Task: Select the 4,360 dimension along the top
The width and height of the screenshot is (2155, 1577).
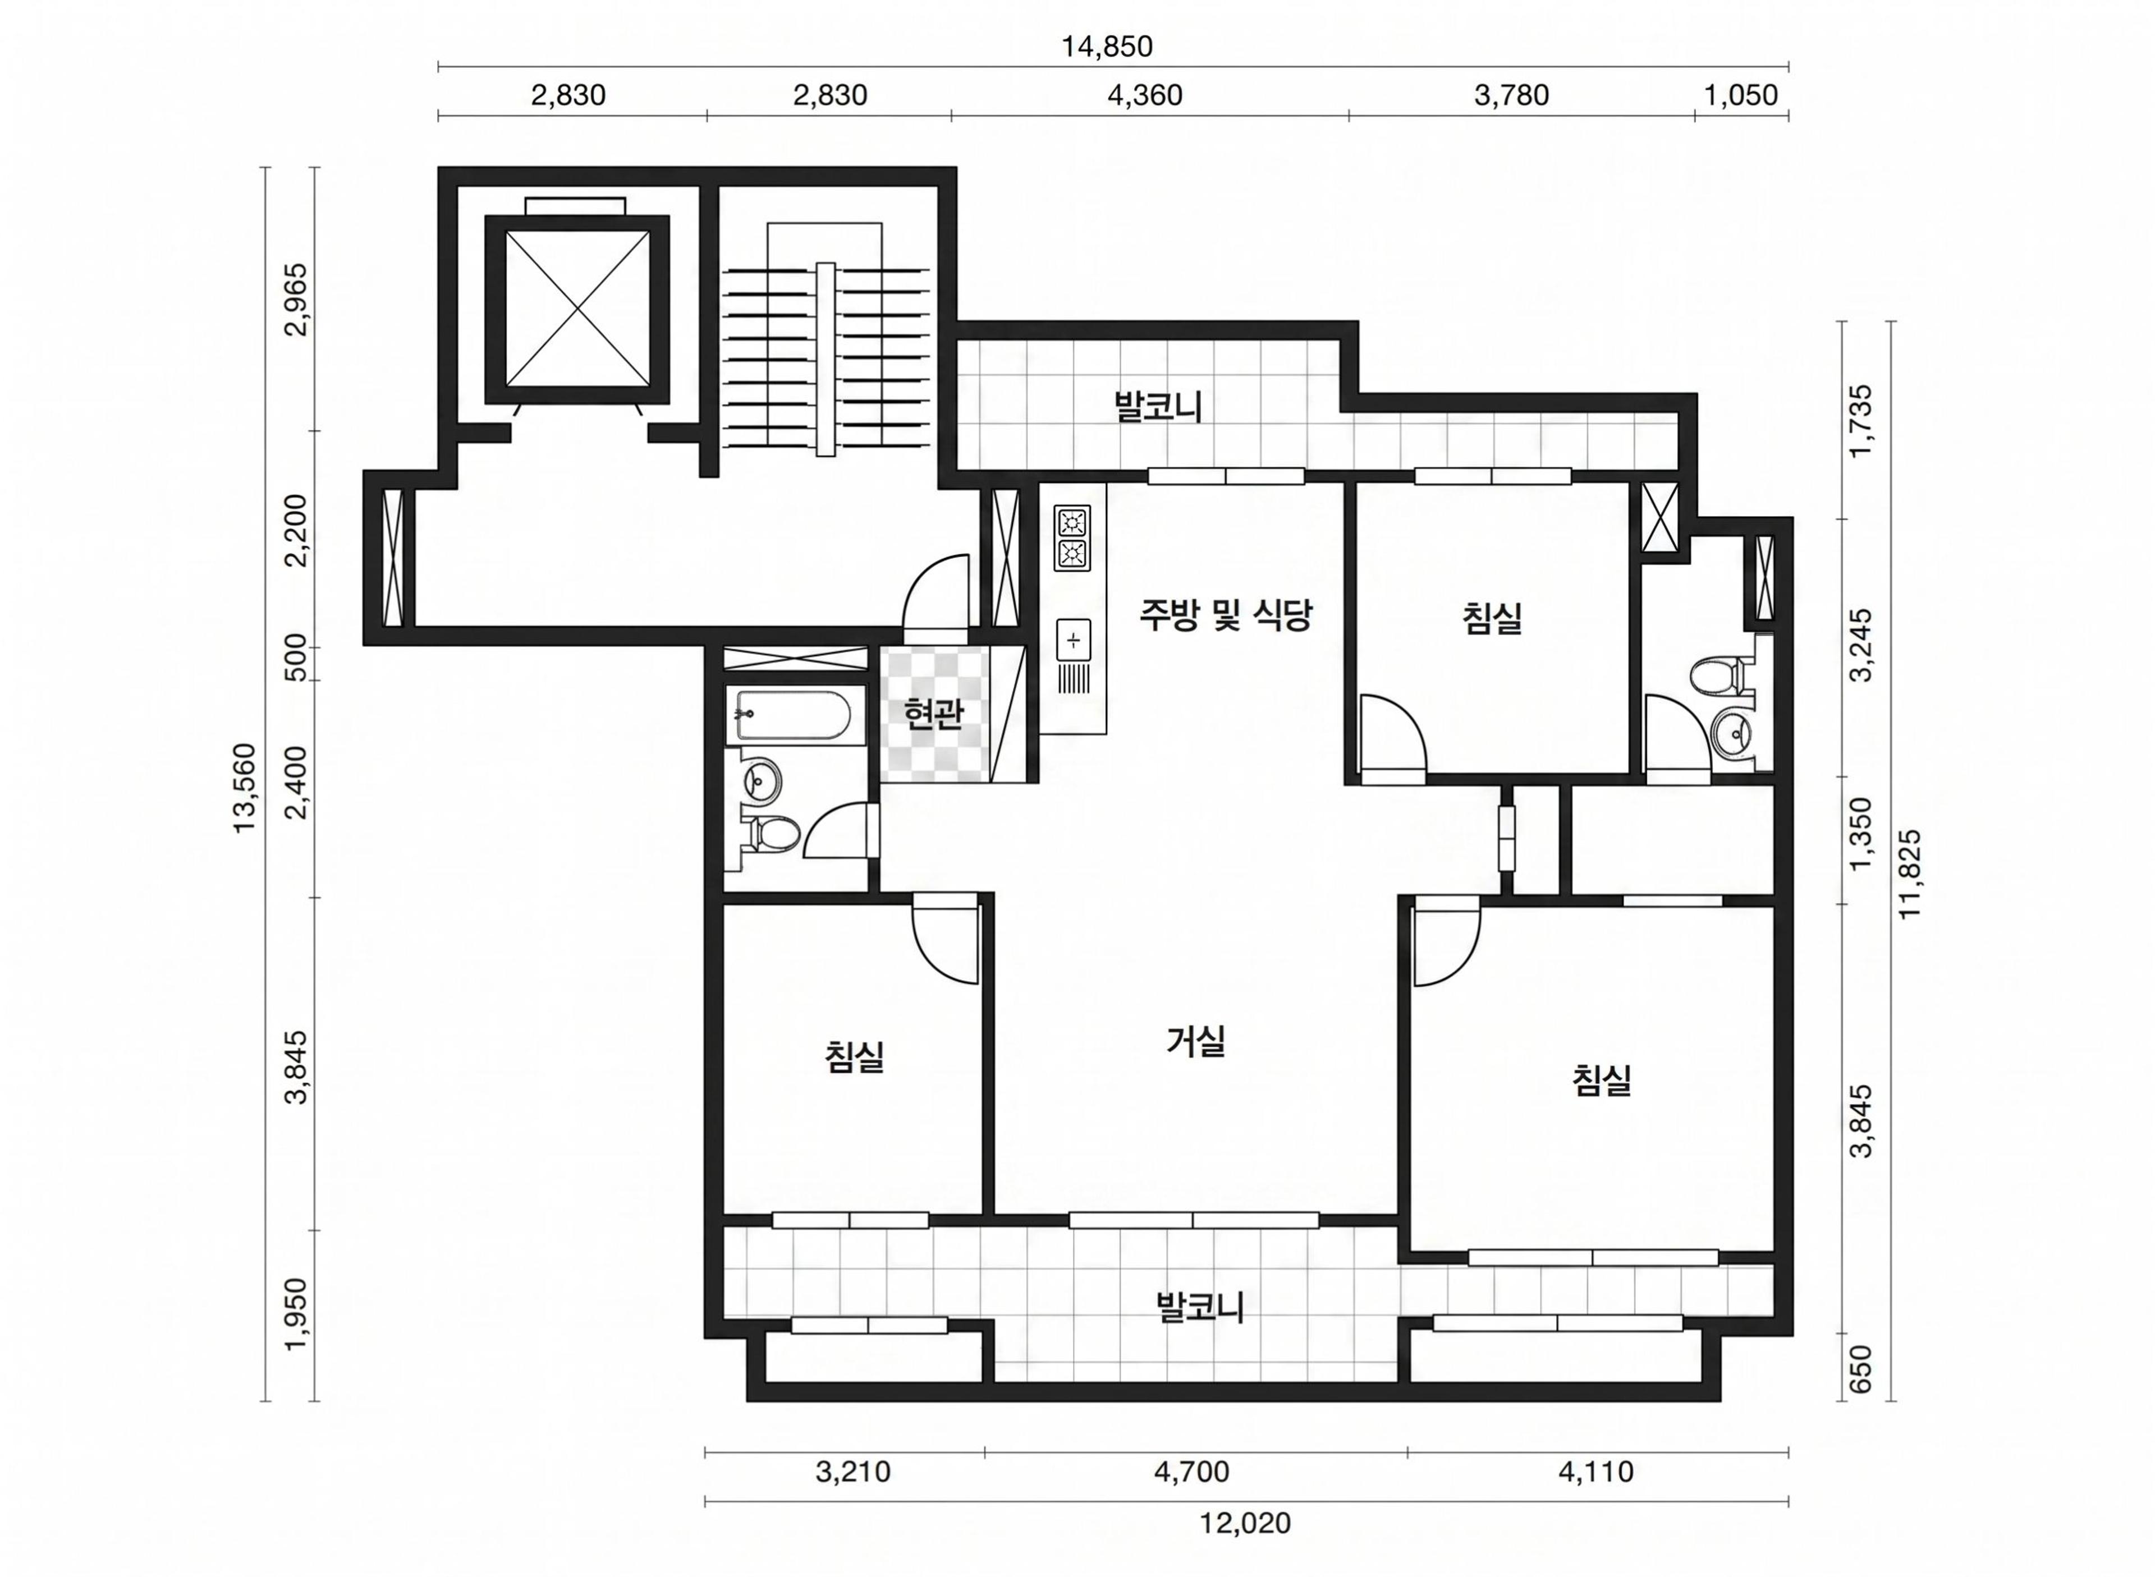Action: click(x=1145, y=95)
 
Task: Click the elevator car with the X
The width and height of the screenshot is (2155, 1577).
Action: click(x=577, y=309)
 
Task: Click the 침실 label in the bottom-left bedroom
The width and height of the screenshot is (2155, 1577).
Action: click(x=855, y=1057)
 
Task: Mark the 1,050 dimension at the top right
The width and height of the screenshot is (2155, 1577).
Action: click(x=1741, y=95)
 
